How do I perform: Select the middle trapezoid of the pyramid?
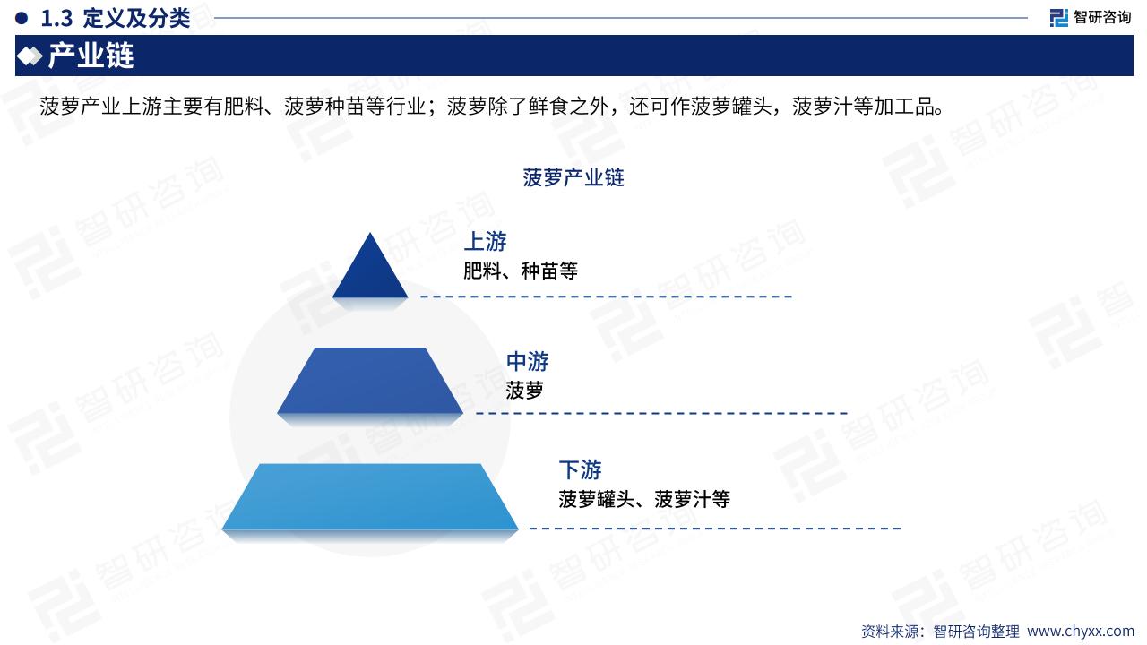[x=370, y=381]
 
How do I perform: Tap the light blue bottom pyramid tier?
[x=370, y=496]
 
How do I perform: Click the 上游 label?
[x=485, y=241]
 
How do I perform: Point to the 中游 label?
[x=528, y=361]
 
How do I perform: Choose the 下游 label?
[x=580, y=469]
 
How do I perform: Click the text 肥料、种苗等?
[x=521, y=271]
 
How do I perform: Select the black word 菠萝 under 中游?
[x=524, y=391]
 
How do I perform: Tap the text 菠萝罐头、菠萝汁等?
[x=644, y=499]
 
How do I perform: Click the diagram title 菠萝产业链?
[x=573, y=177]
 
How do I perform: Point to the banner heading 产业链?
[x=91, y=56]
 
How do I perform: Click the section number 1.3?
[x=56, y=19]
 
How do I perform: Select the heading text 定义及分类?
[x=136, y=19]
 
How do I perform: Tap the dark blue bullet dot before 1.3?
[x=22, y=19]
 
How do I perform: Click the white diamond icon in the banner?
[x=30, y=56]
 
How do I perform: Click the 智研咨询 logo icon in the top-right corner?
[x=1058, y=17]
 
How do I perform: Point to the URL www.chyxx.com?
[x=1081, y=631]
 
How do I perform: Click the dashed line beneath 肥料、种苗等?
[x=607, y=297]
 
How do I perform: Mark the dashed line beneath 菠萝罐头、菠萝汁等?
[x=715, y=529]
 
